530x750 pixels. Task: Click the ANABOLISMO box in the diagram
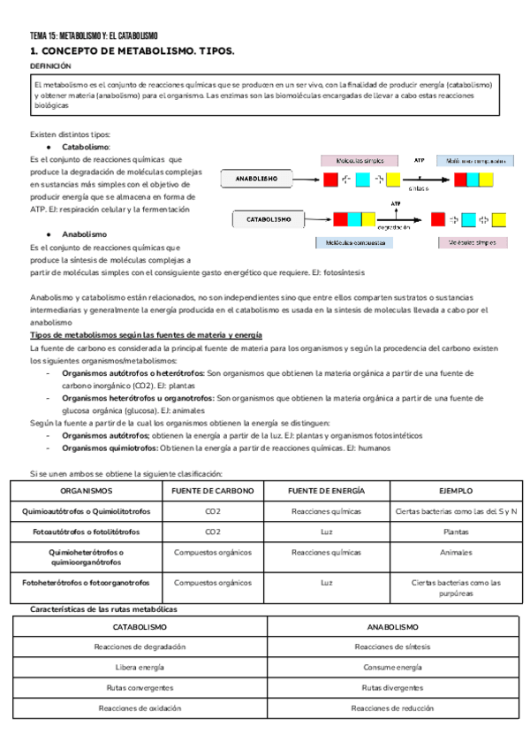point(257,179)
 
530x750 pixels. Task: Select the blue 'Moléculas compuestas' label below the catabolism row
point(351,241)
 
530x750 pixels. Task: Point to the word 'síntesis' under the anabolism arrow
point(419,187)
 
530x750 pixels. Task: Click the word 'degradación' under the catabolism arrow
point(399,226)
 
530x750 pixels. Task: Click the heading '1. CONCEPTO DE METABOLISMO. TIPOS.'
point(132,52)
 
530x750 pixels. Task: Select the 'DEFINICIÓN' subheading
point(49,66)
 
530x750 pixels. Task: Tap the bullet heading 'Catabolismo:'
point(86,146)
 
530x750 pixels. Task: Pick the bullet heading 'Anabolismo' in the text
point(85,234)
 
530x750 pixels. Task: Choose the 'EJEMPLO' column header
point(456,490)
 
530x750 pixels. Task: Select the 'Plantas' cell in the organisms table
point(456,532)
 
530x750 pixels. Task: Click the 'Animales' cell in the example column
point(456,552)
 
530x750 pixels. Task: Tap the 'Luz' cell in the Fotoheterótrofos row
point(327,583)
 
